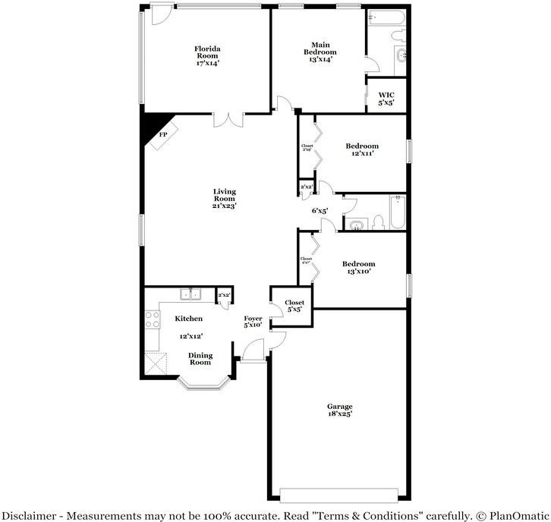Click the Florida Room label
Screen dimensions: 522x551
point(207,51)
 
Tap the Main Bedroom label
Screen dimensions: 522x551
point(320,47)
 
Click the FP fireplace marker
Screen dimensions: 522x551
point(162,134)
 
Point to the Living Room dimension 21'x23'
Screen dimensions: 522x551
point(224,206)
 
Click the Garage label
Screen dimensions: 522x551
point(339,406)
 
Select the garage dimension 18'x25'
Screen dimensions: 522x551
point(339,414)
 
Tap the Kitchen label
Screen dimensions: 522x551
point(188,319)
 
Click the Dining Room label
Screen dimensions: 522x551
point(200,359)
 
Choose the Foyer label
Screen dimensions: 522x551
point(253,319)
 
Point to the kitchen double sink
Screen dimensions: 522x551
point(190,294)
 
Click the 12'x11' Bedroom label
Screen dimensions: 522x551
point(362,146)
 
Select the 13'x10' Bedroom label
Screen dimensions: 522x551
point(357,264)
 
